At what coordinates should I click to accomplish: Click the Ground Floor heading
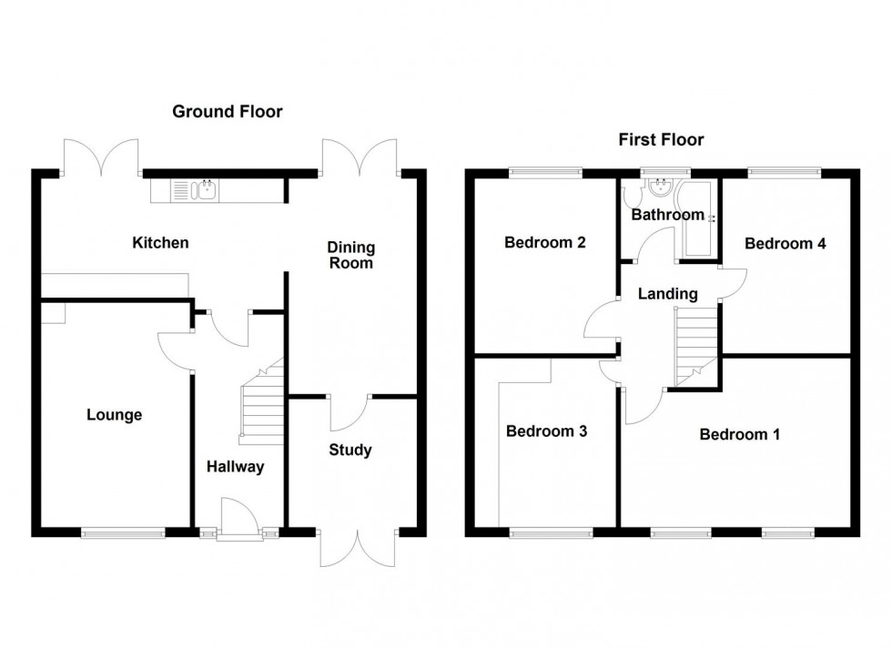click(228, 112)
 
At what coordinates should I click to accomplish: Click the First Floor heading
click(661, 139)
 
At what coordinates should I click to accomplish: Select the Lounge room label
click(115, 415)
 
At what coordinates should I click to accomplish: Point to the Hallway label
click(234, 467)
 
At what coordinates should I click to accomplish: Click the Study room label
click(350, 450)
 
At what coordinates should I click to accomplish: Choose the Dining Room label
click(350, 255)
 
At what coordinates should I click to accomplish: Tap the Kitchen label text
click(160, 242)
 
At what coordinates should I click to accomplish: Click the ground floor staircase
click(262, 405)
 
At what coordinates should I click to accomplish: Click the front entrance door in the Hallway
click(240, 521)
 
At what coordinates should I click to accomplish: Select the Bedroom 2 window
click(544, 170)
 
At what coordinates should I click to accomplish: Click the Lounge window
click(123, 532)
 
